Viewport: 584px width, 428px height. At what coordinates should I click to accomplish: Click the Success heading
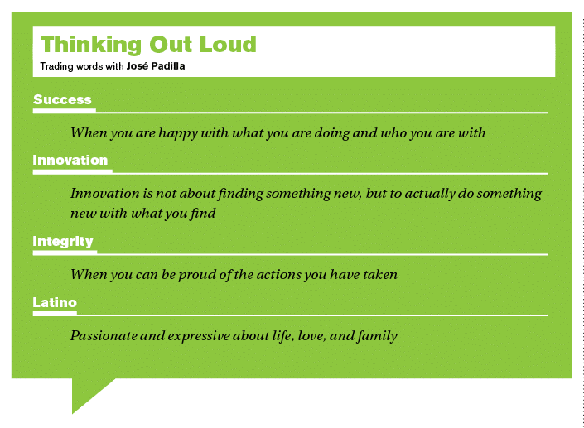[x=62, y=99]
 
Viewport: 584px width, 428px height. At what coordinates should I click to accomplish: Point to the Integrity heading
[x=63, y=242]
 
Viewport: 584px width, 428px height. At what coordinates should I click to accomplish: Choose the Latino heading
[x=55, y=302]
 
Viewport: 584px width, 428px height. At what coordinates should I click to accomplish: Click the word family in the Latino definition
[x=377, y=336]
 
